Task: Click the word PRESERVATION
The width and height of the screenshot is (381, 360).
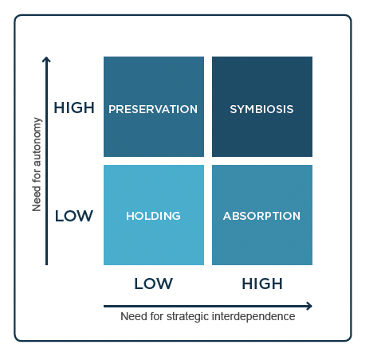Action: [x=153, y=109]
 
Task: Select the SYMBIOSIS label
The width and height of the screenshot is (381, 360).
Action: [x=261, y=109]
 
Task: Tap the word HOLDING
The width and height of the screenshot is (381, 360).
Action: [x=153, y=216]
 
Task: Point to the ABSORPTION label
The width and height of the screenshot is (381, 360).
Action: [x=261, y=216]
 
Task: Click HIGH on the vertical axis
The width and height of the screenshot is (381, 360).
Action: [x=74, y=108]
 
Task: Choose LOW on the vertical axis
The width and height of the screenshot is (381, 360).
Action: [x=74, y=216]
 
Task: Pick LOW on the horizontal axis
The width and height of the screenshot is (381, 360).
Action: [x=153, y=284]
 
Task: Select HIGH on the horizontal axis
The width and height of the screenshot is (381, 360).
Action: [x=262, y=284]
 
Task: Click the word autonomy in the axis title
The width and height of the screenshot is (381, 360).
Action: [x=37, y=142]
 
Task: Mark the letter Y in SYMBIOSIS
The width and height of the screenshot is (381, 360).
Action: [x=241, y=109]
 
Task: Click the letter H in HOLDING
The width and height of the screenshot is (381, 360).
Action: [x=130, y=216]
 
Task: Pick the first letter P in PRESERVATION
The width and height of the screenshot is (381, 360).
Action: [x=112, y=109]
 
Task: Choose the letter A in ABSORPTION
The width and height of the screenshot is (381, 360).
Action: [x=227, y=216]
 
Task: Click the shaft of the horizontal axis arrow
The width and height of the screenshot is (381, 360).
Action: [x=205, y=306]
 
